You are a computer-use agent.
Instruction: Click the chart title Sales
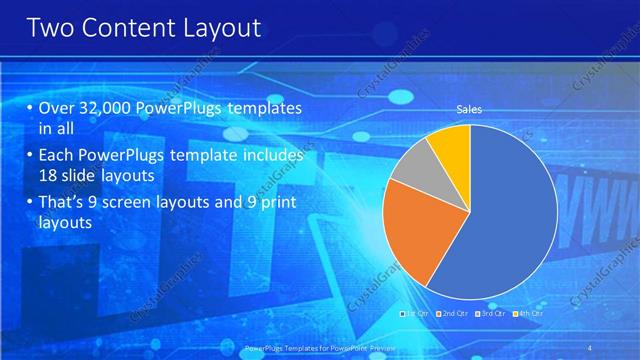click(x=469, y=109)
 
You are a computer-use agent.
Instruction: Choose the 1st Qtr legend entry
click(x=416, y=314)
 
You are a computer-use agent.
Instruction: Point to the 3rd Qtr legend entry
click(x=491, y=314)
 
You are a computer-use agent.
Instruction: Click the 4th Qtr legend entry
click(x=529, y=314)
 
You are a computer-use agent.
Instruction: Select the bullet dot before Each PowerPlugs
click(x=29, y=156)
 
